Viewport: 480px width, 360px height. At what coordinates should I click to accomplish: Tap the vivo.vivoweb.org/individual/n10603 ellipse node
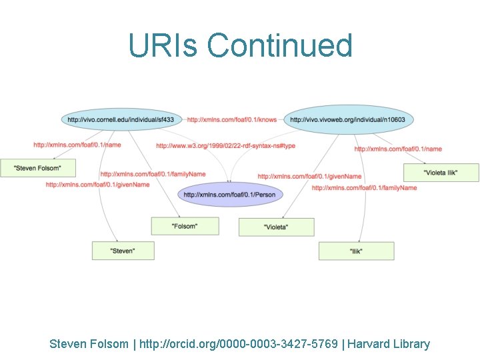(349, 120)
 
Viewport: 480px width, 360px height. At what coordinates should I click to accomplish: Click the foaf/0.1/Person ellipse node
(229, 195)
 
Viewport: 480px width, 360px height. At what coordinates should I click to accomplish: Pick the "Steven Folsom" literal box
(37, 167)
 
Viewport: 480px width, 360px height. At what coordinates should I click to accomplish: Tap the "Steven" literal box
(123, 251)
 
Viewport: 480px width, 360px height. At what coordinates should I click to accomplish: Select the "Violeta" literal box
(276, 227)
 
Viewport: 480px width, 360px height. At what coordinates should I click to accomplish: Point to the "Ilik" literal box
(356, 251)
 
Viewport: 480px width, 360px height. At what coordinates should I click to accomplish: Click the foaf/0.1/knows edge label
(231, 120)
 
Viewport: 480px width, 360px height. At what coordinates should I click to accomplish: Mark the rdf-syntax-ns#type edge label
(225, 145)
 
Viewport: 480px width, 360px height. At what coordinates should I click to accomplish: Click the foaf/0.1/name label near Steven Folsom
(77, 144)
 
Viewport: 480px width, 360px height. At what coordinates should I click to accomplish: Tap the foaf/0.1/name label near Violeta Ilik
(398, 149)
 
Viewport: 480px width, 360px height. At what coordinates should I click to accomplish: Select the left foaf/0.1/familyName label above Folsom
(153, 174)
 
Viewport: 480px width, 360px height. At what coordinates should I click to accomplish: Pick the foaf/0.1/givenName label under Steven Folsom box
(97, 184)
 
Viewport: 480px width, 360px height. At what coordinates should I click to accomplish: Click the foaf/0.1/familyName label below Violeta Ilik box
(364, 188)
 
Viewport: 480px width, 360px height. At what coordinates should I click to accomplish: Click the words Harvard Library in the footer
(388, 344)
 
